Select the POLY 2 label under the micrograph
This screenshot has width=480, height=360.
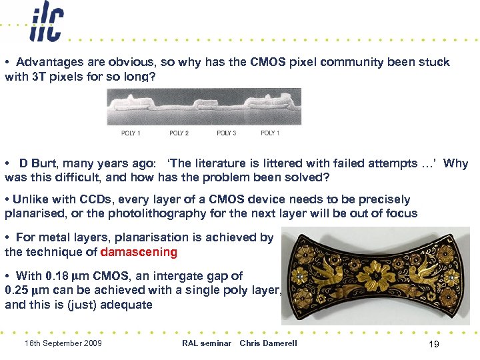pos(179,133)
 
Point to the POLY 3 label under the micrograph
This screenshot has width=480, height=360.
pos(227,133)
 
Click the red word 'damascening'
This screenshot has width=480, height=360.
pos(139,252)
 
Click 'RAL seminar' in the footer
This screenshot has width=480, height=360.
pos(206,343)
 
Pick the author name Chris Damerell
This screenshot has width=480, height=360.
pos(268,343)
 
